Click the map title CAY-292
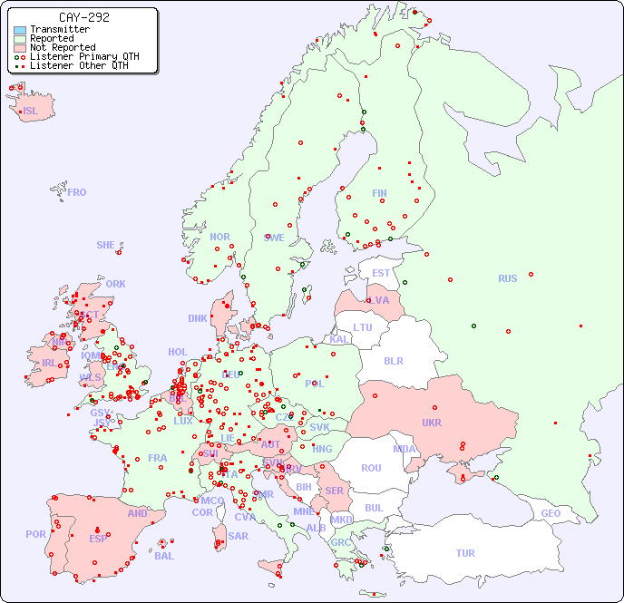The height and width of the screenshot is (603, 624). point(83,17)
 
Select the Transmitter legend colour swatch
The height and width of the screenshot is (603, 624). point(20,29)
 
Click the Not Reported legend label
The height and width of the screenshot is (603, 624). point(63,47)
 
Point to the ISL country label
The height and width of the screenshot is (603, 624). point(31,112)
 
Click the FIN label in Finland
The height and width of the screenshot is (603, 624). point(379,193)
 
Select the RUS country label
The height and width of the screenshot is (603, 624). point(507,278)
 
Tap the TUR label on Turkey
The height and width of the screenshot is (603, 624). point(465,553)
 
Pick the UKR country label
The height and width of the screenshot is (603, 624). point(432,423)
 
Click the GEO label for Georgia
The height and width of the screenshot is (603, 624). point(551,513)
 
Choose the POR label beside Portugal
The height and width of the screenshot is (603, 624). point(35,534)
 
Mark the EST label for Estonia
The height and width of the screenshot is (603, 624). point(381,273)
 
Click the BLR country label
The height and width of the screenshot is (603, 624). point(394,360)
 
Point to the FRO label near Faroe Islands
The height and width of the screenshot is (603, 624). point(77,192)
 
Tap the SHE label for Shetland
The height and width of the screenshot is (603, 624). point(106,245)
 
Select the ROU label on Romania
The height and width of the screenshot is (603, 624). point(371,468)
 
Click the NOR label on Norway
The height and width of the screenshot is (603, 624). point(219,237)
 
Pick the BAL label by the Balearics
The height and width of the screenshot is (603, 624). point(163,556)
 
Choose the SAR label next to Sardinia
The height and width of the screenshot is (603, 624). point(238,536)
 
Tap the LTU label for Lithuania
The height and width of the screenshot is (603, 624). point(363,327)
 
